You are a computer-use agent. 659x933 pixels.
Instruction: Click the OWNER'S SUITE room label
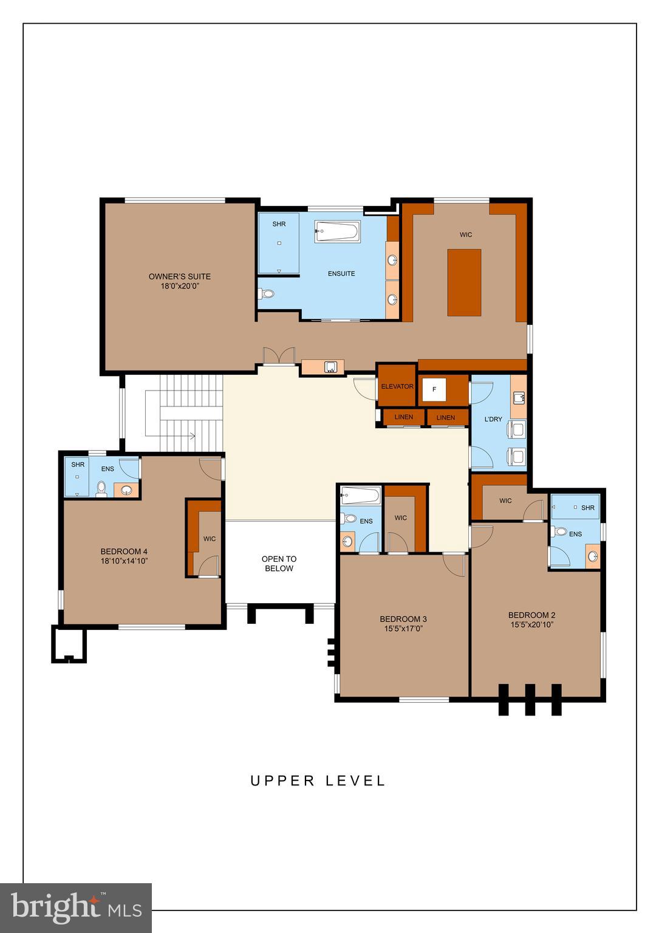(x=179, y=276)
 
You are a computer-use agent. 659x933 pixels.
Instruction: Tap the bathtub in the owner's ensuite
(x=337, y=231)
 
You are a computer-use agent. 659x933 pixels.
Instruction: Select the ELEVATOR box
(x=397, y=386)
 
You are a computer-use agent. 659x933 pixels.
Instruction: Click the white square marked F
(x=434, y=389)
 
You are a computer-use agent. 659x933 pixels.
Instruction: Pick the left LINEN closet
(x=403, y=417)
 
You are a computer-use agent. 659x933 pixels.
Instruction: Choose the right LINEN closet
(x=445, y=418)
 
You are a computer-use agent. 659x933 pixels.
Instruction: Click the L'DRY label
(x=493, y=419)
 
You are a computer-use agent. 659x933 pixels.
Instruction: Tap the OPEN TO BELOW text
(x=279, y=564)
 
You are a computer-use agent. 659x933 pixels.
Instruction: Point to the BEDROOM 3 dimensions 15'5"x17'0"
(x=403, y=629)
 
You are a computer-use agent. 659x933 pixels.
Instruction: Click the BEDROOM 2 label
(x=531, y=615)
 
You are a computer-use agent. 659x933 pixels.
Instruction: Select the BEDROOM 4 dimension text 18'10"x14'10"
(x=124, y=561)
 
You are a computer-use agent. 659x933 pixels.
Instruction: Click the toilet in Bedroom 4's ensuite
(x=102, y=488)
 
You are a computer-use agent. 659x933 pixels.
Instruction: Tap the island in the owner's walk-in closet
(x=464, y=282)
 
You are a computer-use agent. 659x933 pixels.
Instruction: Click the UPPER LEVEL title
(x=318, y=781)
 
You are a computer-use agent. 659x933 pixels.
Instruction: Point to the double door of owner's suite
(x=278, y=357)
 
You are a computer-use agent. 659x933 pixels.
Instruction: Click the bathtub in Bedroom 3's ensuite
(x=360, y=496)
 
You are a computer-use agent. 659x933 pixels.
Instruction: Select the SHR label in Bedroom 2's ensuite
(x=587, y=508)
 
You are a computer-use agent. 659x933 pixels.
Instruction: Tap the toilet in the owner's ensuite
(x=266, y=294)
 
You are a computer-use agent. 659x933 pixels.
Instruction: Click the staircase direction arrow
(x=192, y=436)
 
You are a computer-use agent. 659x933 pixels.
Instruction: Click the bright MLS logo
(x=75, y=907)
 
